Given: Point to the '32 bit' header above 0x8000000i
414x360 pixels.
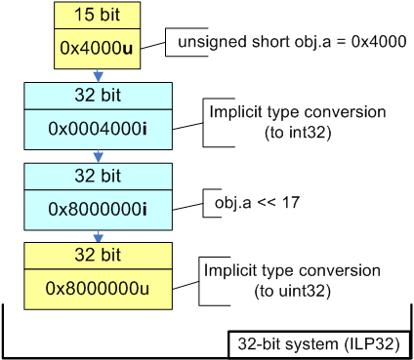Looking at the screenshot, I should click(x=98, y=178).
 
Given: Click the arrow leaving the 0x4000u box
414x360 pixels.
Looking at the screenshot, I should click(x=98, y=76).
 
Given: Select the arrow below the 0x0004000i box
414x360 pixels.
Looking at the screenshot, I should click(x=98, y=156).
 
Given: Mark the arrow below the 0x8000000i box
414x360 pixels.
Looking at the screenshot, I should click(x=98, y=236).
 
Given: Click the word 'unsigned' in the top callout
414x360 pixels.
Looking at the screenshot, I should click(x=205, y=43).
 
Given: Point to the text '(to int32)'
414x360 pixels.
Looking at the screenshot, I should click(x=267, y=133).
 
